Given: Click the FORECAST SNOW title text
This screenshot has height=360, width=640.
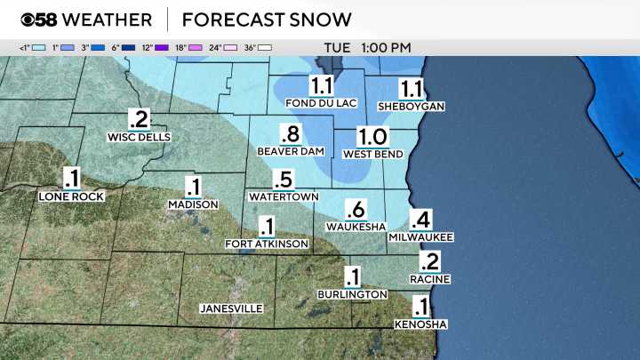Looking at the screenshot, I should [266, 20].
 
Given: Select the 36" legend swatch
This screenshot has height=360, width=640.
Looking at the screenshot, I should [264, 46].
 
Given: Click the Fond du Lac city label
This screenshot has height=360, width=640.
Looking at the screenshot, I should [321, 103].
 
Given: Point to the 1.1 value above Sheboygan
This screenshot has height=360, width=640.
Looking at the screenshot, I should [411, 88].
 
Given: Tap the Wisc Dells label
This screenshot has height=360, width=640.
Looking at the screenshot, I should [138, 138].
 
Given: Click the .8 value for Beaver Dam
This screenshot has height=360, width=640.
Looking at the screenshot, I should [290, 134].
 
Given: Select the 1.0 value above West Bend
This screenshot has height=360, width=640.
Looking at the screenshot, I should [372, 137].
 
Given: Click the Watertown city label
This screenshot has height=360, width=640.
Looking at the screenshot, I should [284, 196].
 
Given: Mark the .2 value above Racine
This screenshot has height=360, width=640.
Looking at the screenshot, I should [430, 261].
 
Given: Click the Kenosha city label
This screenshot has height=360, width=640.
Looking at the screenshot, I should [420, 324].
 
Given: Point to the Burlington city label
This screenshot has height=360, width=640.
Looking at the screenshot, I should [352, 294].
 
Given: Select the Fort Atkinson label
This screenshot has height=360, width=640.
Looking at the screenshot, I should [267, 244].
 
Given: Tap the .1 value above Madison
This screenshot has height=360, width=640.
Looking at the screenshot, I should [193, 188].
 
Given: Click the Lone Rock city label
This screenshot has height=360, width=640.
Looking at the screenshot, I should [72, 196].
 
